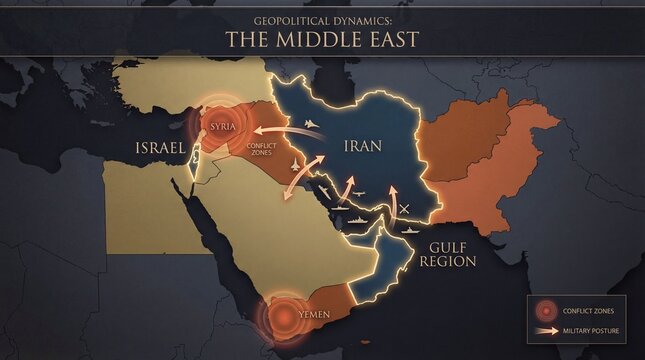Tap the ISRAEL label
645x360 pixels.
point(162,149)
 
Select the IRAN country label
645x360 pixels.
point(362,145)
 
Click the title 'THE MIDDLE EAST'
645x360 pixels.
point(321,40)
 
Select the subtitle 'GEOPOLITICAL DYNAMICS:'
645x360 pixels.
point(321,18)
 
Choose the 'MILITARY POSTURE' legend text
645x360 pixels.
point(589,329)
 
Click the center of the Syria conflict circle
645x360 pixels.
point(220,124)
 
